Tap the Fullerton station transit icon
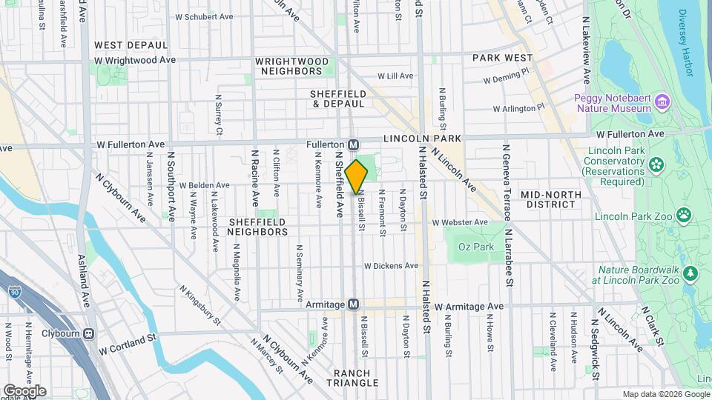coord(354,144)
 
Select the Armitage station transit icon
coord(354,304)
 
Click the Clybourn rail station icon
coord(89,333)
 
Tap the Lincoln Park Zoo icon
coord(683,216)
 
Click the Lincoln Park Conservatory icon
coord(656,164)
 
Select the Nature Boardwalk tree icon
coord(690,275)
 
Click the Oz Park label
coord(475,247)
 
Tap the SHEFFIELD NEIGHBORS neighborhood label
coord(257,227)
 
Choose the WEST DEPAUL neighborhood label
coord(119,45)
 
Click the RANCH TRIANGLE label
coord(357,378)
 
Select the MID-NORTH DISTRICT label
coord(550,199)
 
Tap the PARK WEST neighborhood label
coord(503,58)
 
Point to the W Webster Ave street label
coord(461,221)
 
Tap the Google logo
coord(24,390)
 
